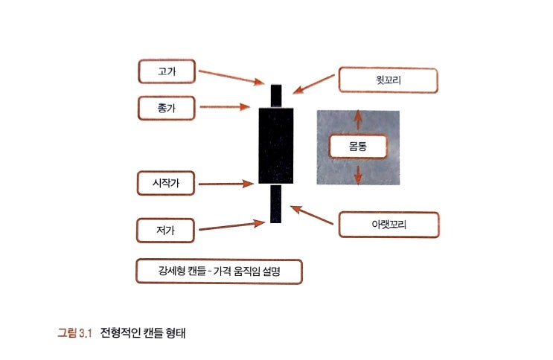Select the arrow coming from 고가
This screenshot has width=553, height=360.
[x=231, y=77]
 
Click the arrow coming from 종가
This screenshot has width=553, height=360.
[x=225, y=106]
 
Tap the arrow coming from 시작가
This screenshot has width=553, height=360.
[x=226, y=184]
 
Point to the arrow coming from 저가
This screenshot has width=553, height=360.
[x=231, y=225]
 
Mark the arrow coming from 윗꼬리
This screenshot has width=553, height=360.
[x=313, y=84]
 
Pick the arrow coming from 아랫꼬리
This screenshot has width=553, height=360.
[x=312, y=215]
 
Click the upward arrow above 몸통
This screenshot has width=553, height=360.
[x=358, y=120]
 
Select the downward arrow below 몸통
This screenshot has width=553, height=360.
[x=358, y=175]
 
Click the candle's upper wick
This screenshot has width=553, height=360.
[x=276, y=96]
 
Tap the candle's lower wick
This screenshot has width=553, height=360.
[x=276, y=204]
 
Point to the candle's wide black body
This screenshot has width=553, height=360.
[x=276, y=146]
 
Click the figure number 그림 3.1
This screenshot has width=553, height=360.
[x=74, y=332]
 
